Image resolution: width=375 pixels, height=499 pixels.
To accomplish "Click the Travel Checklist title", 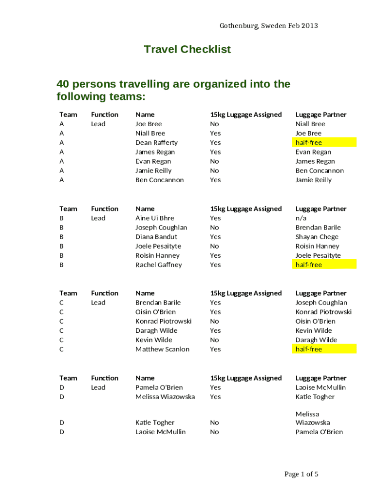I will tap(187, 49).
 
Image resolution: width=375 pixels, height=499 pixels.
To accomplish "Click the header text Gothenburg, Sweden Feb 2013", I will tap(268, 25).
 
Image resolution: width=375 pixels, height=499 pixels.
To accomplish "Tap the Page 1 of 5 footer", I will tap(301, 474).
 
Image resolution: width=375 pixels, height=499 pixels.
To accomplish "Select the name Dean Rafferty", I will tap(156, 142).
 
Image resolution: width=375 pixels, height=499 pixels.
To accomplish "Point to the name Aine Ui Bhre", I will tap(154, 218).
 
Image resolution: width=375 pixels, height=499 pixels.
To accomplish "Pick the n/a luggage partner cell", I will tap(301, 218).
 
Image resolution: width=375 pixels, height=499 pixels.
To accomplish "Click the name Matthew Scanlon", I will tap(162, 349).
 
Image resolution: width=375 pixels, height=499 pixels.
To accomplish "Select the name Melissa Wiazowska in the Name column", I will tap(165, 397).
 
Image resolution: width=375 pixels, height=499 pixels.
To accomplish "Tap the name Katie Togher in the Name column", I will tap(155, 422).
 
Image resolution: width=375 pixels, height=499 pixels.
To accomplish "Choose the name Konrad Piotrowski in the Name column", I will tap(163, 321).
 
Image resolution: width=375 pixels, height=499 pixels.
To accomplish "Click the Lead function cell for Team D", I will tap(98, 387).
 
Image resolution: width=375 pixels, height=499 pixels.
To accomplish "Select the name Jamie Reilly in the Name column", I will tap(153, 171).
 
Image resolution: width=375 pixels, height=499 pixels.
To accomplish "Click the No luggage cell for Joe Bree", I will tap(214, 124).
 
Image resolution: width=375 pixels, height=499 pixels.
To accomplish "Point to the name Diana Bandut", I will tap(156, 237).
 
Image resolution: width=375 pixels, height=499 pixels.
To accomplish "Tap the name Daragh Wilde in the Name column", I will tap(156, 330).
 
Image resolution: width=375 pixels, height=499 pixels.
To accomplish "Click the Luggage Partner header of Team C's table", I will tap(321, 293).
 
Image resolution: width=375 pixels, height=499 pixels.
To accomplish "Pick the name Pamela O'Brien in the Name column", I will tap(159, 387).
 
